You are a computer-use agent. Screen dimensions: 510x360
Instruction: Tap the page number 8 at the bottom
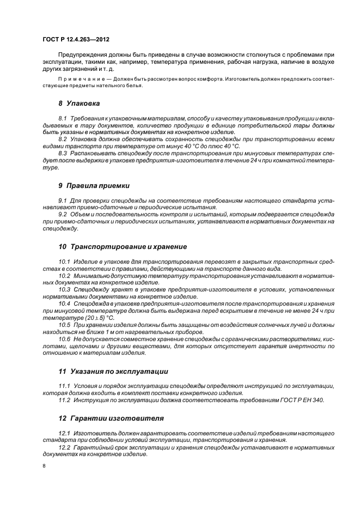click(x=44, y=466)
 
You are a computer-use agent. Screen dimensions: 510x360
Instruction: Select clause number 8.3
click(x=63, y=154)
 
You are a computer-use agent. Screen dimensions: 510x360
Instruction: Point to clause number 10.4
click(x=64, y=303)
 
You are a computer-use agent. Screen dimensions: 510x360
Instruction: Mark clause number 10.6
click(x=64, y=339)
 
